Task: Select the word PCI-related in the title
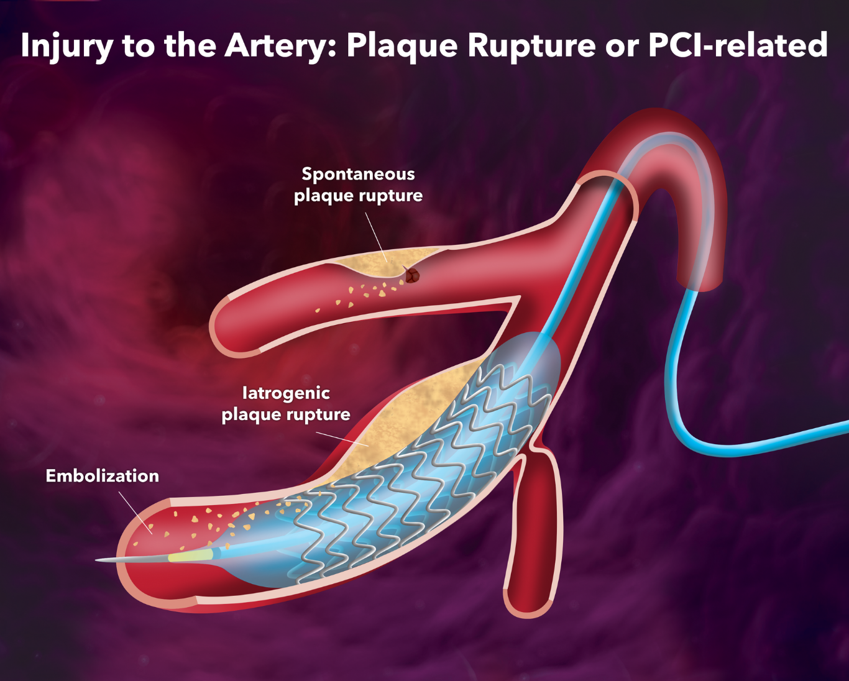click(x=738, y=45)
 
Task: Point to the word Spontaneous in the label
click(x=358, y=174)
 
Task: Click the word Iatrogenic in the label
click(x=286, y=393)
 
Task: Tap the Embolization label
click(x=103, y=476)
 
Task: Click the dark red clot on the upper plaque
click(x=411, y=275)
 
